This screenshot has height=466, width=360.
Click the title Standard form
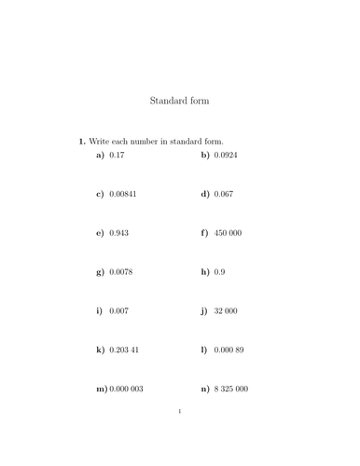[x=179, y=100]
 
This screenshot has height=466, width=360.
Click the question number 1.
[x=82, y=141]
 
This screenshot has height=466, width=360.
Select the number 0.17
[x=117, y=155]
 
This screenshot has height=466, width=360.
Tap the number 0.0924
[x=226, y=155]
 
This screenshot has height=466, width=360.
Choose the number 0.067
[x=224, y=194]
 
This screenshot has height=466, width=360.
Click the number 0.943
[x=118, y=233]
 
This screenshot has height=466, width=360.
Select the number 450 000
[x=228, y=233]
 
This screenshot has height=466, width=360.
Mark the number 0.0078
[x=120, y=272]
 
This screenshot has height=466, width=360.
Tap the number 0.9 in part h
[x=219, y=272]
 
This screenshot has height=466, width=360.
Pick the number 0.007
[x=118, y=311]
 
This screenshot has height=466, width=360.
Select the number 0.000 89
[x=228, y=350]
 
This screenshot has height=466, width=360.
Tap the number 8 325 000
[x=230, y=390]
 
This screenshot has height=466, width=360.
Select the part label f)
[x=204, y=233]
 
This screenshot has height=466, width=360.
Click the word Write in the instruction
[x=100, y=141]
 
